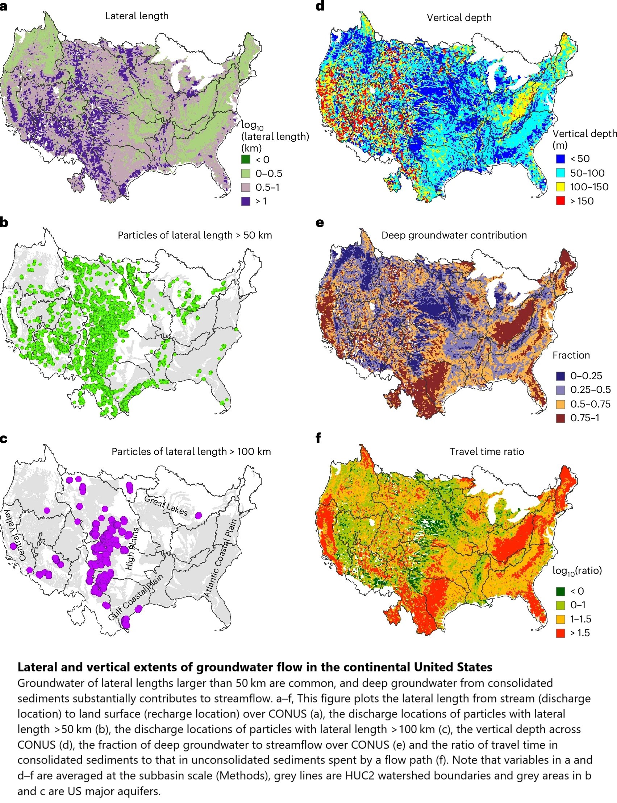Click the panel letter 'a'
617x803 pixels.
4,7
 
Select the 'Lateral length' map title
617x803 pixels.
137,16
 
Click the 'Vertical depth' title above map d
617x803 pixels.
459,18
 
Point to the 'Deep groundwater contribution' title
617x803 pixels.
454,235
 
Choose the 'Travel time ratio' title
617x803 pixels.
487,451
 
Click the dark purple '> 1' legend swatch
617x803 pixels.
245,201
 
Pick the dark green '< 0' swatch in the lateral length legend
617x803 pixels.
245,160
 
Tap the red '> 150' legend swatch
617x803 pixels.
560,201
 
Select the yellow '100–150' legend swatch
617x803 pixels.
560,187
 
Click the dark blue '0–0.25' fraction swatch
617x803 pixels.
560,376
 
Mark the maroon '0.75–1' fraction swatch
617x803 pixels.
560,418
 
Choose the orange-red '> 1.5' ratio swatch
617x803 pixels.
560,633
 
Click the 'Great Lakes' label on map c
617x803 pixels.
166,506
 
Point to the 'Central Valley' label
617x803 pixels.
16,534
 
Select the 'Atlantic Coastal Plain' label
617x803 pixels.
220,558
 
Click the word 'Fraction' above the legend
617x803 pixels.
571,355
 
